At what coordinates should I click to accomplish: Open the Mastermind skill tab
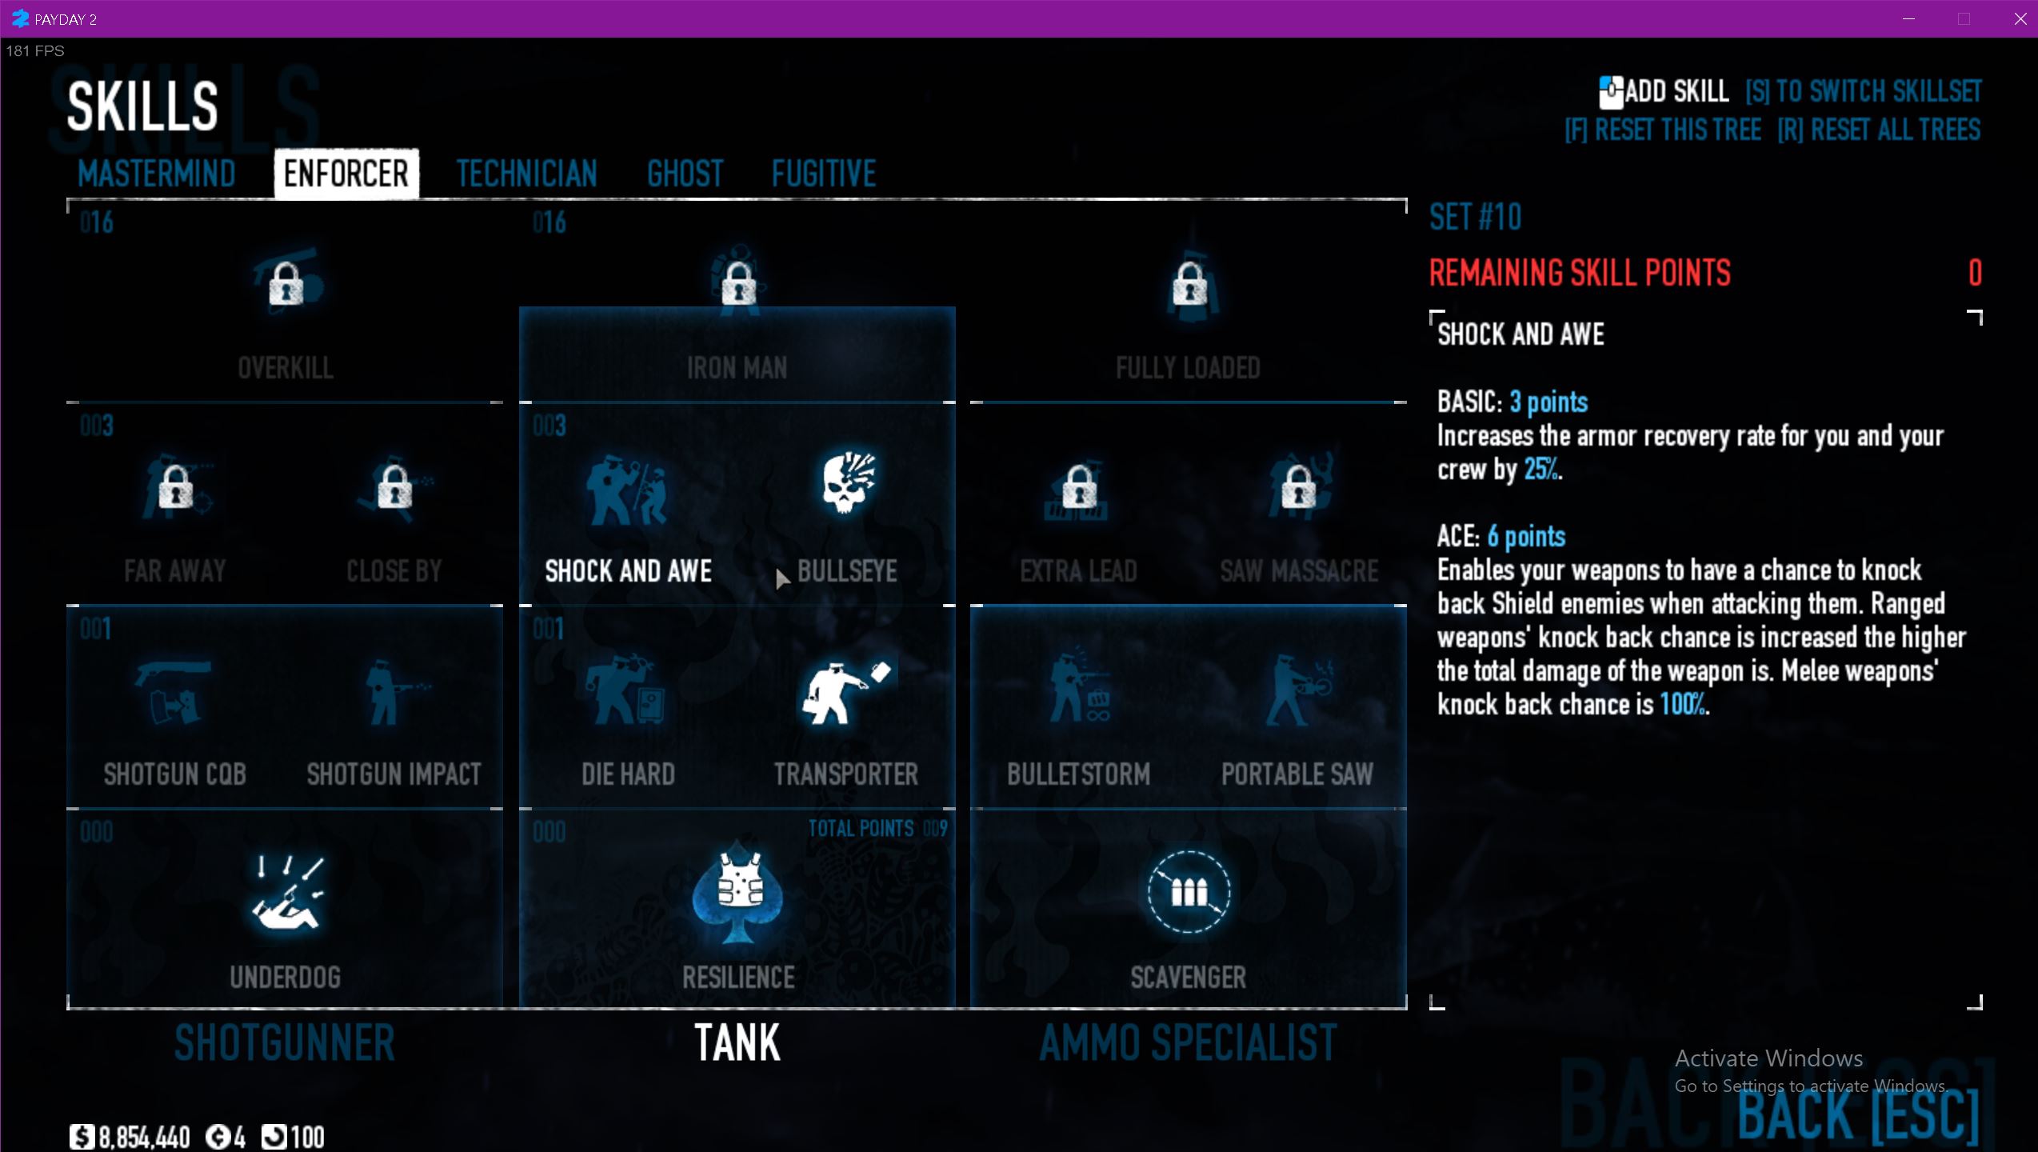157,174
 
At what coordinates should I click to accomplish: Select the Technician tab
526,174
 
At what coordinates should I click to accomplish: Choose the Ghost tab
685,174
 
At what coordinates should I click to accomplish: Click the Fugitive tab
824,174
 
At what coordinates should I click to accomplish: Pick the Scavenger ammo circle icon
1189,891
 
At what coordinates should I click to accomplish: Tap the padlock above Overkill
286,284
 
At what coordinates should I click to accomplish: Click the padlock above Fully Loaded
1189,284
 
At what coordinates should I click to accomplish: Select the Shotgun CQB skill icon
174,691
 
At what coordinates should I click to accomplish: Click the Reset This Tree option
1663,130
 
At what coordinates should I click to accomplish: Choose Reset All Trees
1879,130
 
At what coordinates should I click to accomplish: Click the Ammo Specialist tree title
1188,1042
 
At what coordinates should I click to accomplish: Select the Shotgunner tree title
285,1042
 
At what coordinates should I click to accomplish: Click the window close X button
2020,19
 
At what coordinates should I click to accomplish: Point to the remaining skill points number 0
1975,274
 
